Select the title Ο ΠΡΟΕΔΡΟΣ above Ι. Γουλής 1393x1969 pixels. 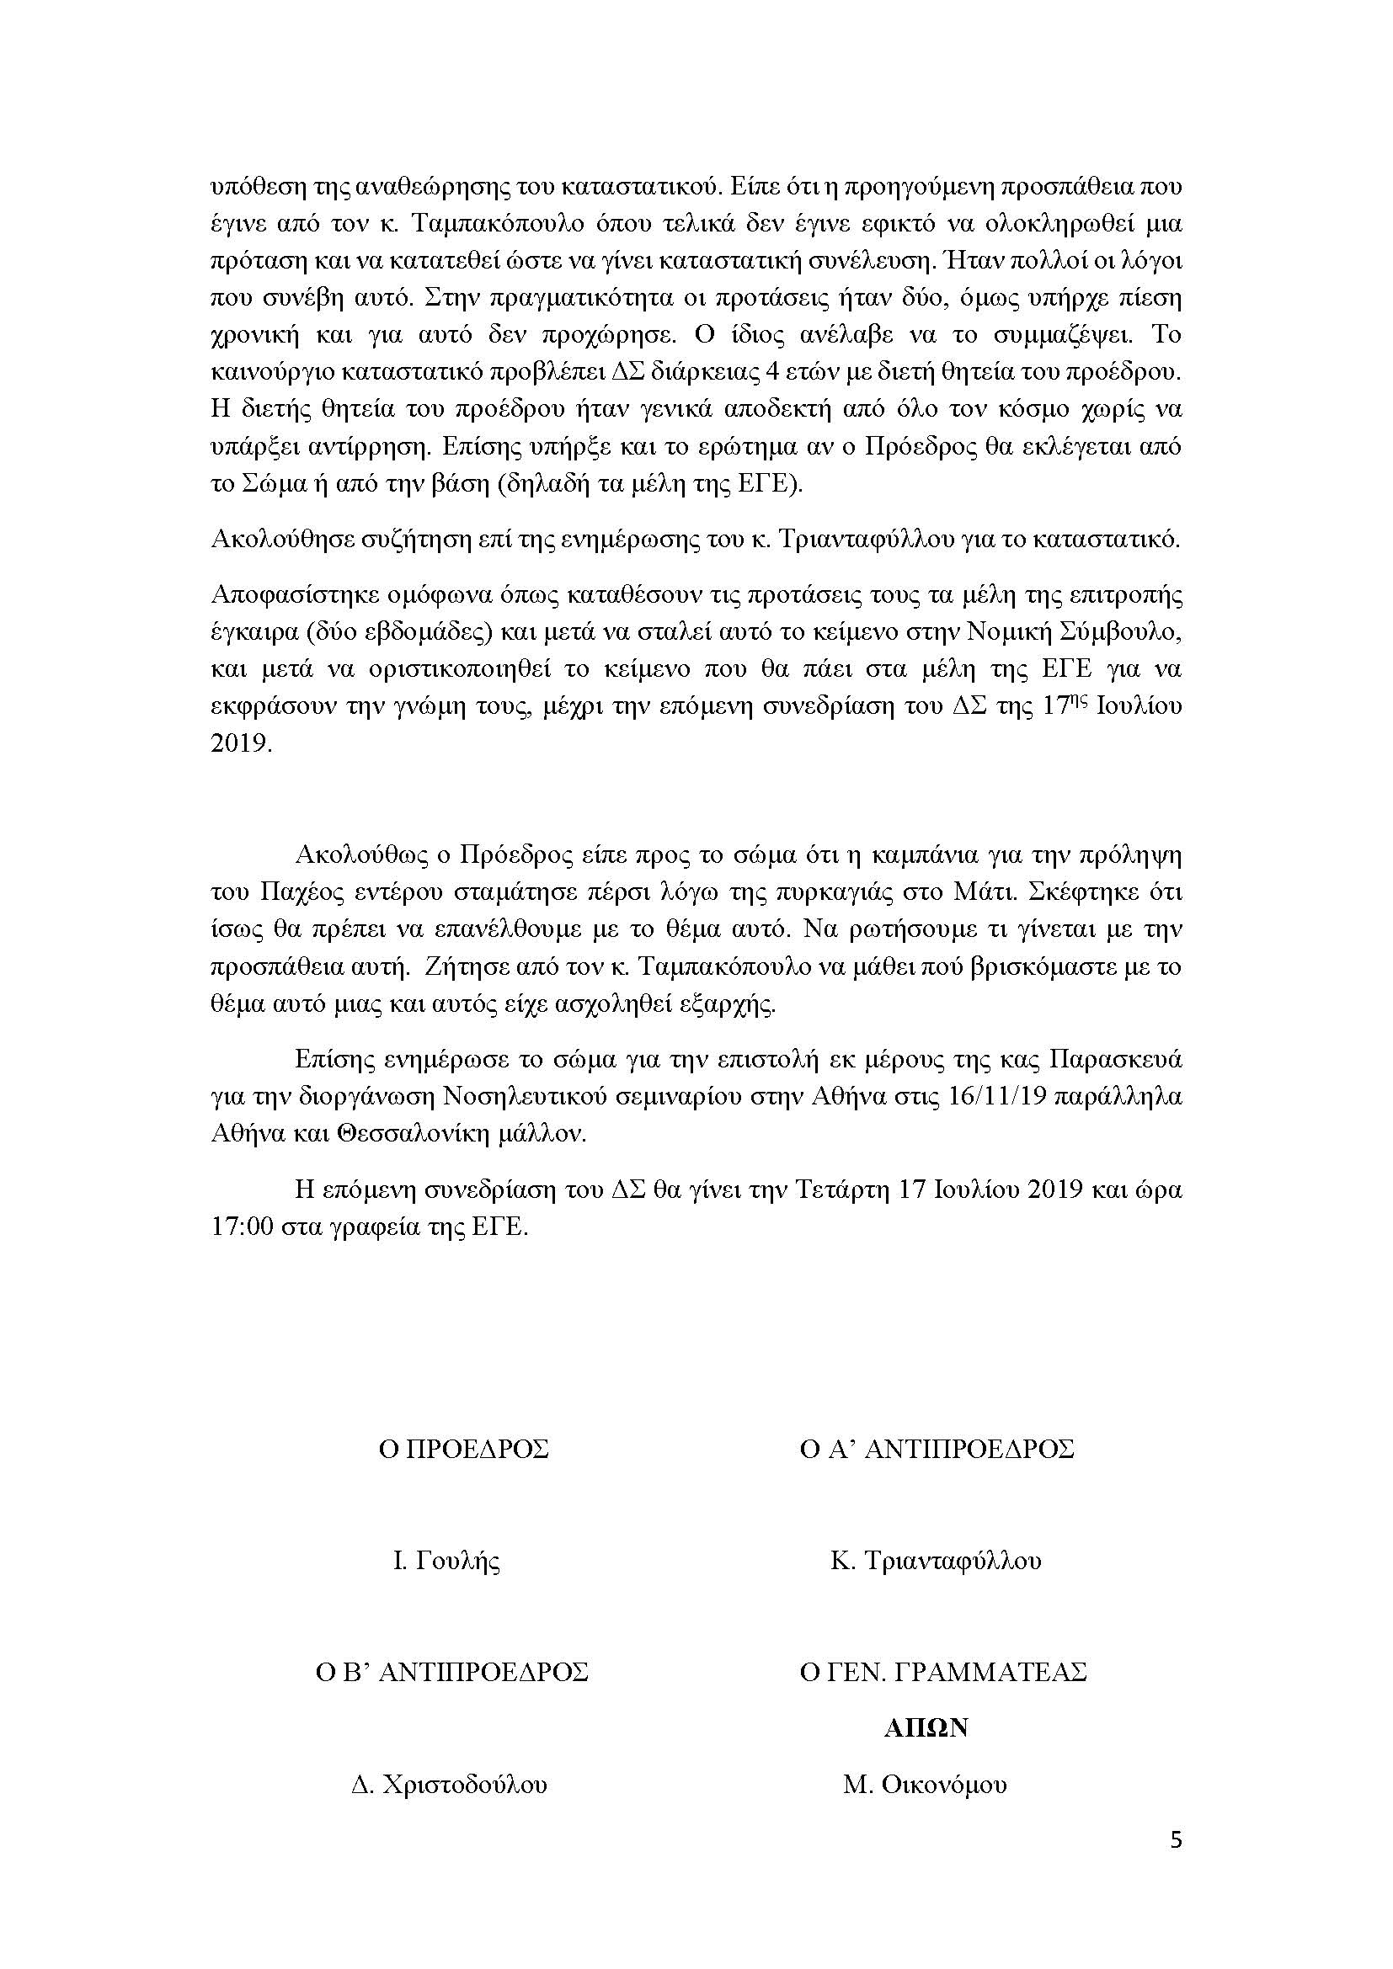[464, 1450]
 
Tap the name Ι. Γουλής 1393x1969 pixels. [447, 1561]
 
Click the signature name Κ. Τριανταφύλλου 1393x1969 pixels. [936, 1561]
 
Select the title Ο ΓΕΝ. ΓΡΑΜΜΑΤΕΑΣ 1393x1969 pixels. [942, 1673]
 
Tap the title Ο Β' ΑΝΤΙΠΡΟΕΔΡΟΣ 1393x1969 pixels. [450, 1673]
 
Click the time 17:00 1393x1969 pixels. [242, 1227]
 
